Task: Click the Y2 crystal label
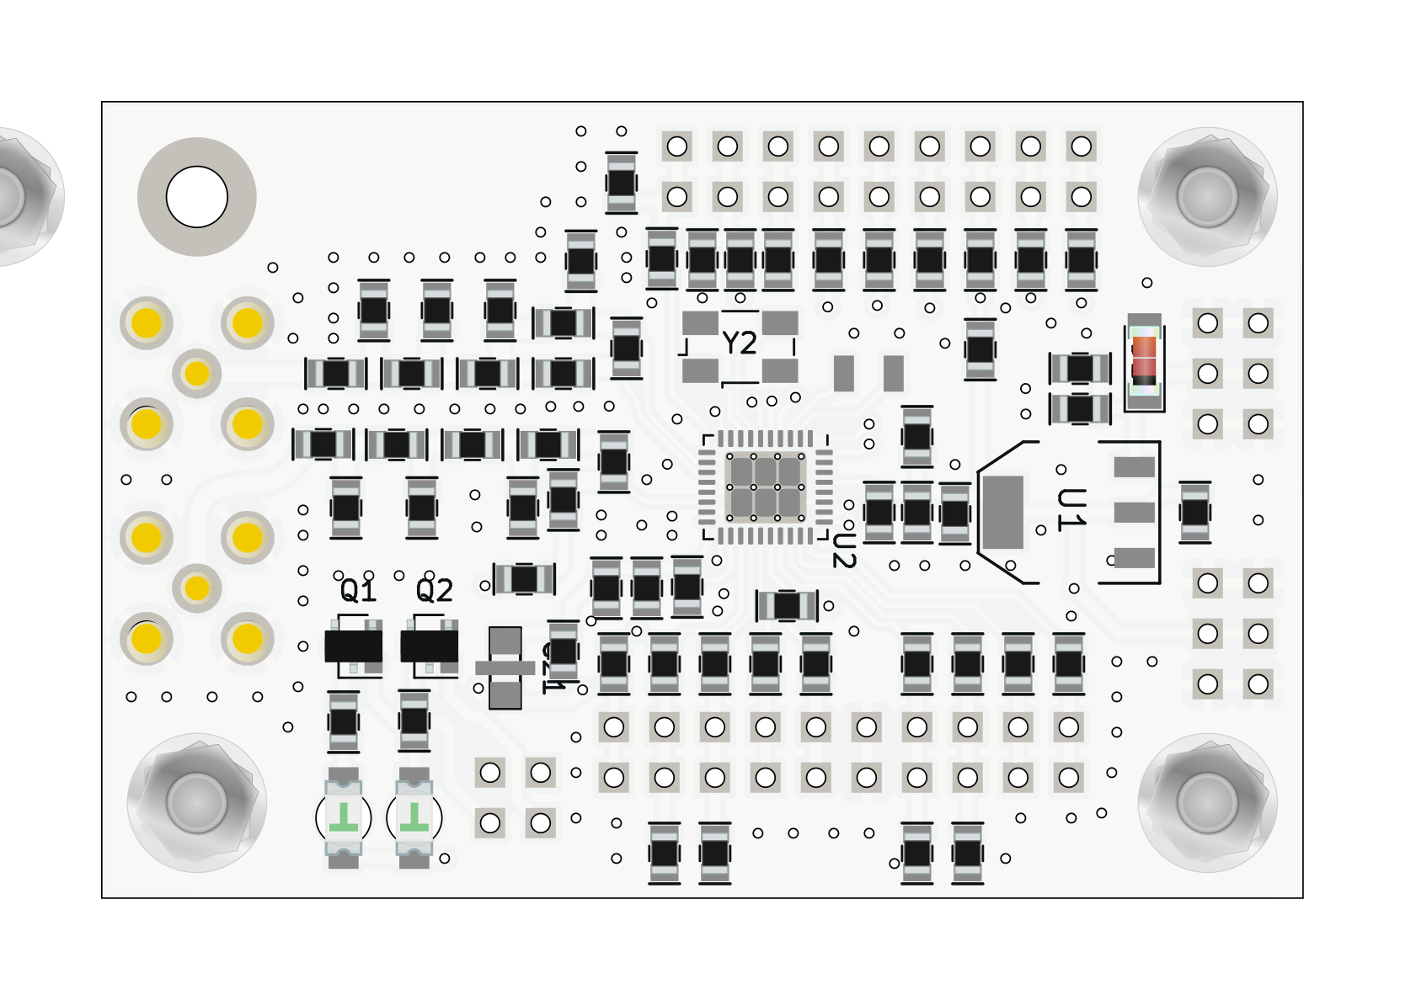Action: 740,343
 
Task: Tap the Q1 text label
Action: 358,591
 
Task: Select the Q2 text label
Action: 435,591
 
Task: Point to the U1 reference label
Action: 1071,509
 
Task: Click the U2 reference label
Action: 844,549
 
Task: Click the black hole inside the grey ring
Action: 196,197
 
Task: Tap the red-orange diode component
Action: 1144,357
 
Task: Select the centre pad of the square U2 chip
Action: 765,487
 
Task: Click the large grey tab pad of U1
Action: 1003,512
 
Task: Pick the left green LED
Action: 344,816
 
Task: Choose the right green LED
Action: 414,816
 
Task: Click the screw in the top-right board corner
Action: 1207,196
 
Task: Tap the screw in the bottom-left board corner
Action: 196,802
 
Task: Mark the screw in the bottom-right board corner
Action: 1207,802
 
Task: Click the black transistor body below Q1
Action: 353,646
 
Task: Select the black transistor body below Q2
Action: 429,646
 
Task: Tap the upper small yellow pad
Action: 196,373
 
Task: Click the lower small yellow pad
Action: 196,588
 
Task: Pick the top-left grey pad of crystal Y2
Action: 700,322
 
